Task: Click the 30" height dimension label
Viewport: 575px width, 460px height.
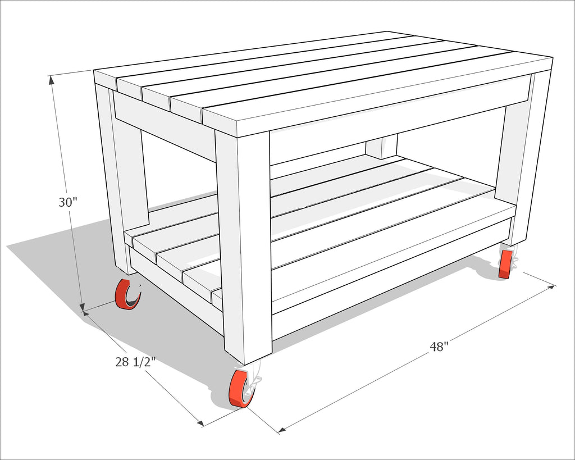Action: pyautogui.click(x=68, y=202)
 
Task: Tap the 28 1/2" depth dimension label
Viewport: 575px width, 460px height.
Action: pyautogui.click(x=136, y=362)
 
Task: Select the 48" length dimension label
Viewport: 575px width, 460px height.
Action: pyautogui.click(x=439, y=347)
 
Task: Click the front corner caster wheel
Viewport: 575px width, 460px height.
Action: pyautogui.click(x=240, y=389)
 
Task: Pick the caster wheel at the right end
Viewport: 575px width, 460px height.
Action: pyautogui.click(x=506, y=265)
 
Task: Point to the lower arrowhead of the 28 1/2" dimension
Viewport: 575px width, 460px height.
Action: pyautogui.click(x=200, y=423)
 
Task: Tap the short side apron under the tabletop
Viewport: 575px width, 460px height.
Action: pyautogui.click(x=165, y=126)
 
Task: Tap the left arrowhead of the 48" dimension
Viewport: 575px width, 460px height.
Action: pyautogui.click(x=282, y=430)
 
